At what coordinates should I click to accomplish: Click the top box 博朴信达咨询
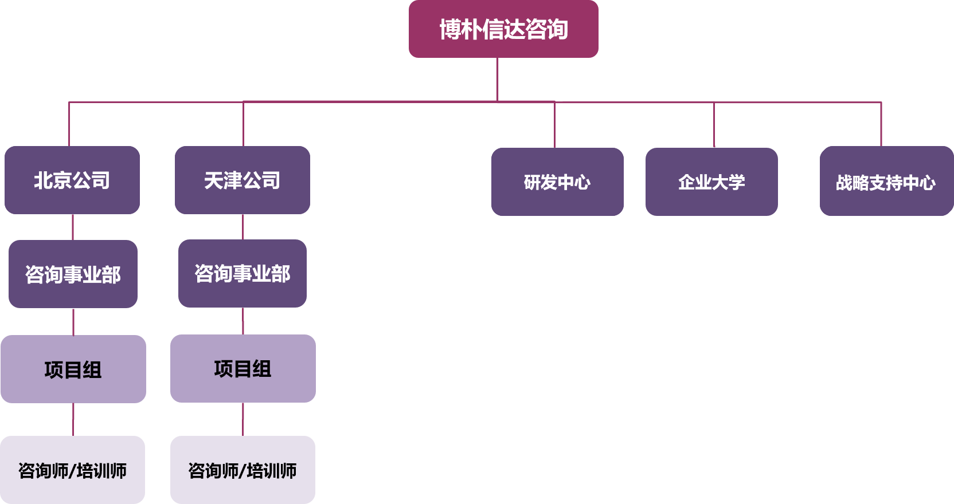point(503,29)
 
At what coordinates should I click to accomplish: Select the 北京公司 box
point(72,180)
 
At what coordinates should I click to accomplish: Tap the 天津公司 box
point(242,180)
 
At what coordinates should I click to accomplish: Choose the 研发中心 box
point(557,182)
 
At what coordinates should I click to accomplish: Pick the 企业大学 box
point(711,182)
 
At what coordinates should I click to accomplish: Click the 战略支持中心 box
point(886,182)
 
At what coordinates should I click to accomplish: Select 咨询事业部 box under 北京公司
point(73,274)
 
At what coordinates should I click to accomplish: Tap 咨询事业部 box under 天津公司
point(242,273)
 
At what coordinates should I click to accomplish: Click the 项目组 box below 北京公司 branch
point(73,369)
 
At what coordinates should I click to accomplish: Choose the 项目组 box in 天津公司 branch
point(243,368)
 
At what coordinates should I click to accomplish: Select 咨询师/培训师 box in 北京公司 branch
point(72,470)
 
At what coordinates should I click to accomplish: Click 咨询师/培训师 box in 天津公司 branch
point(243,470)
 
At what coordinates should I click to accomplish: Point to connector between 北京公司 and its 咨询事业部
point(73,227)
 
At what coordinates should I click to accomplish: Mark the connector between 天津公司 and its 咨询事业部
point(243,227)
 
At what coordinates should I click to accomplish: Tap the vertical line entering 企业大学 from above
point(714,125)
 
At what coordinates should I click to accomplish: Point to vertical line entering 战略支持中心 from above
point(881,124)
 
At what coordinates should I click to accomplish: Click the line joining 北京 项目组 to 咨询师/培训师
point(73,419)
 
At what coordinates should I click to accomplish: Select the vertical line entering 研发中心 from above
point(554,125)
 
